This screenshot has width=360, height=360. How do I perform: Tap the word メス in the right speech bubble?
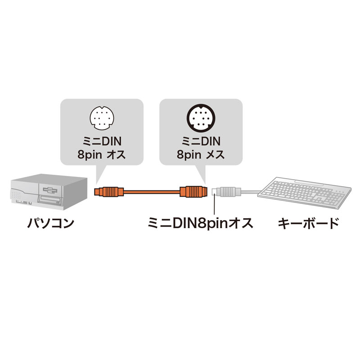click(x=214, y=155)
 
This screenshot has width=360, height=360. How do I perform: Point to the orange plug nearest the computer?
click(x=108, y=192)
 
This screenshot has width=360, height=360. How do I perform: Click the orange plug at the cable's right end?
click(x=193, y=192)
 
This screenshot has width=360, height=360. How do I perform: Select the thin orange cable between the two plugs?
click(x=151, y=192)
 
